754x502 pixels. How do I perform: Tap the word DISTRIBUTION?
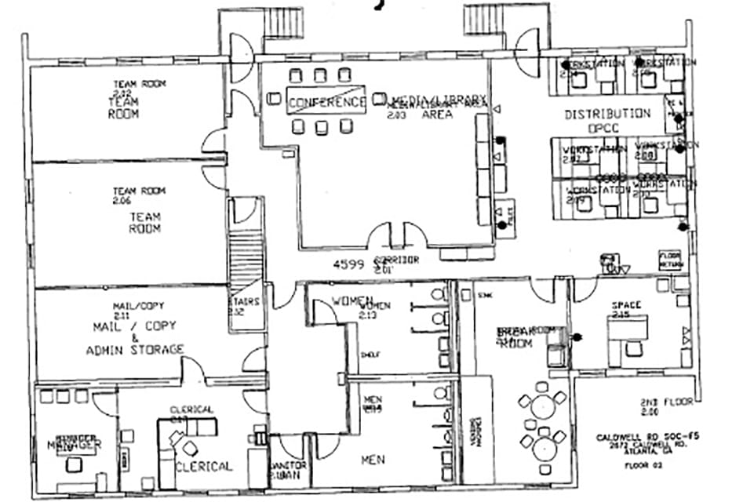coord(607,114)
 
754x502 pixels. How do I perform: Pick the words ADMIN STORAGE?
coord(135,349)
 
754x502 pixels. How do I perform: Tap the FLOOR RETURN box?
coord(669,260)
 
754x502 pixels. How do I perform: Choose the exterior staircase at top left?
coord(282,22)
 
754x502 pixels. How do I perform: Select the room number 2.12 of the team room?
coord(122,93)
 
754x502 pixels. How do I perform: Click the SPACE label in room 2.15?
coord(627,304)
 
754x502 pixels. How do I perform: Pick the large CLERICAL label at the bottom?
coord(203,466)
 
